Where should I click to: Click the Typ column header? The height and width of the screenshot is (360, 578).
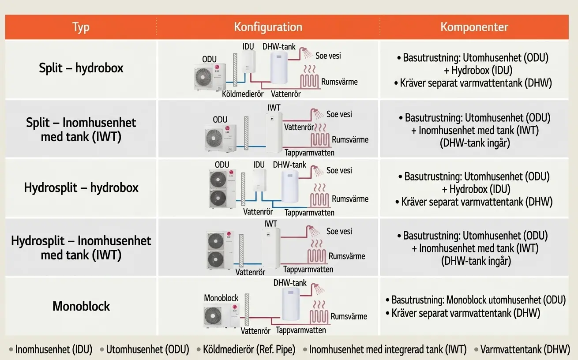tap(81, 27)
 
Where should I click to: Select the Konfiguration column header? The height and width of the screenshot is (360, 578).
tap(268, 27)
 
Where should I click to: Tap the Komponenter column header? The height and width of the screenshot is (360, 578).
tap(474, 27)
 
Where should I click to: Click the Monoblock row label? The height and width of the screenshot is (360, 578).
tap(81, 306)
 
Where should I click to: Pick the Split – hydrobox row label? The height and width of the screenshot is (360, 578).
tap(81, 68)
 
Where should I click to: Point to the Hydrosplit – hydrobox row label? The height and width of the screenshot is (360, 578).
tap(81, 187)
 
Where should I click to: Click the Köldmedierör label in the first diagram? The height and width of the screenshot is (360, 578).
tap(243, 94)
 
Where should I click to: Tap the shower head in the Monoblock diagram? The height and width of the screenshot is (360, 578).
tap(318, 289)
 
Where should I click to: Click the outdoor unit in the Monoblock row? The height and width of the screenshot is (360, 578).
tap(221, 315)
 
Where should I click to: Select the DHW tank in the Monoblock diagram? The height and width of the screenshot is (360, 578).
tap(291, 304)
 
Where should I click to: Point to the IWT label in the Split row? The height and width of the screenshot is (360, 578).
tap(274, 108)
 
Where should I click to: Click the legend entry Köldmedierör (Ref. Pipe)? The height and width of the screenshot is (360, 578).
tap(249, 349)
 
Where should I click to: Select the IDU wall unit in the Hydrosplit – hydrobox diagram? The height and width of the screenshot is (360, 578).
tap(259, 180)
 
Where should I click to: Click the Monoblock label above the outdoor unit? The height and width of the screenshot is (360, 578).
tap(221, 298)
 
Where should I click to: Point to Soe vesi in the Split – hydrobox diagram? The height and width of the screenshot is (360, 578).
tap(328, 56)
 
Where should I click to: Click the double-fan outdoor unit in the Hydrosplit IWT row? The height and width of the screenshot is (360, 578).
tap(220, 250)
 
